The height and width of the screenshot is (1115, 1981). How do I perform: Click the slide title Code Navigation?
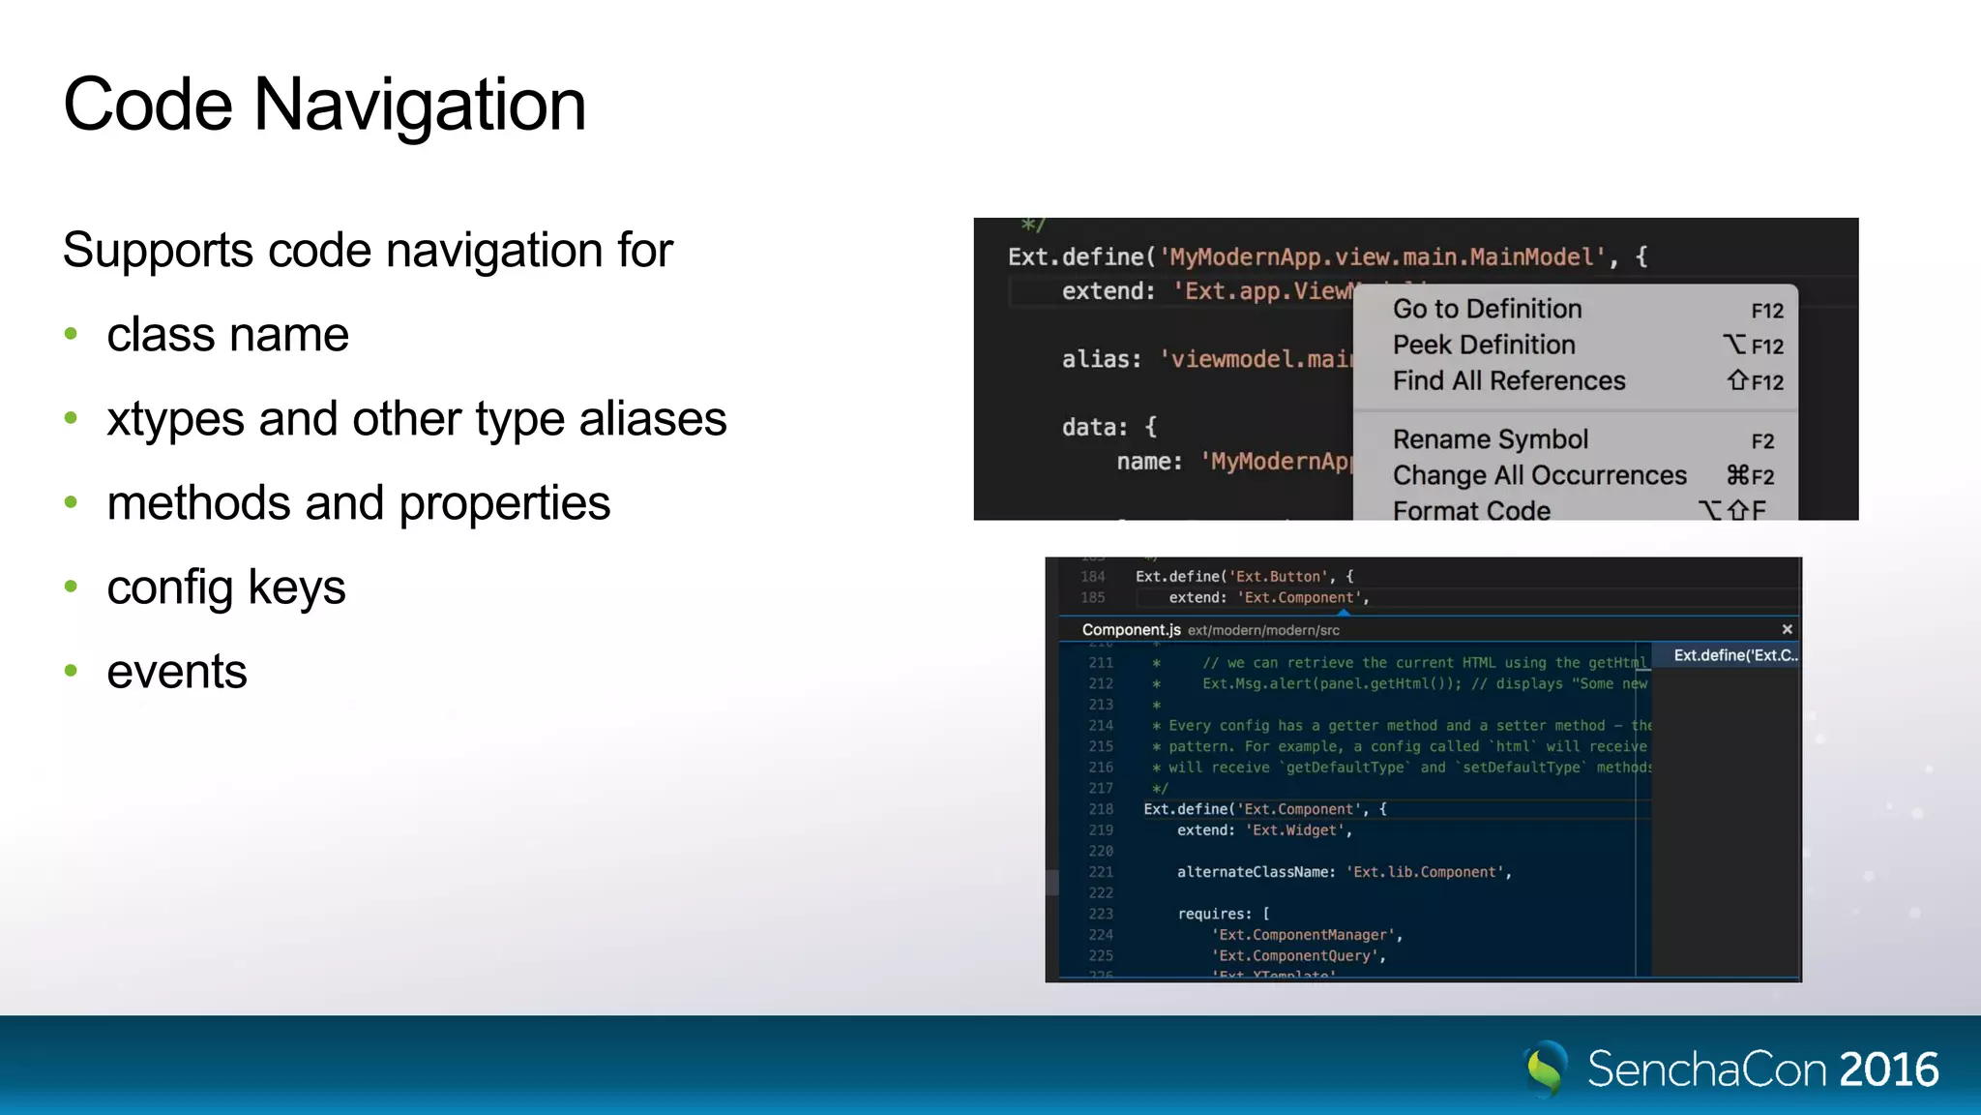(324, 105)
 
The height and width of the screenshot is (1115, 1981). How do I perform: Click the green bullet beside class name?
(71, 335)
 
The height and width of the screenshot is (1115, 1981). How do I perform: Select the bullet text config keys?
(225, 588)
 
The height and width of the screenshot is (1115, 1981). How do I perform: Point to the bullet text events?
(177, 672)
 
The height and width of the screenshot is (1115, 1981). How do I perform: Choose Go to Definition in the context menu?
(1487, 310)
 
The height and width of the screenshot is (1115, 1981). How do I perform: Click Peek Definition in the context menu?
(1484, 346)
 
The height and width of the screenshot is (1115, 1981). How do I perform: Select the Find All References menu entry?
(1509, 381)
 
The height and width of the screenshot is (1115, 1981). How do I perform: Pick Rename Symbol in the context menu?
(1490, 440)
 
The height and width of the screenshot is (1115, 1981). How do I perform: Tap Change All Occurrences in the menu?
(1539, 476)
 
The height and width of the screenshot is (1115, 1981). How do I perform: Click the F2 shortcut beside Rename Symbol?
(1762, 441)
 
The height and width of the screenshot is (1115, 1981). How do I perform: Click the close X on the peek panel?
(1787, 629)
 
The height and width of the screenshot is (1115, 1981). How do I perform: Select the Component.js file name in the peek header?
(1131, 630)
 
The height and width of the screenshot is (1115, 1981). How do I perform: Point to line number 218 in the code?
(1101, 809)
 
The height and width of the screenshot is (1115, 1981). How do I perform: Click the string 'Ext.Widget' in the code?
(1296, 830)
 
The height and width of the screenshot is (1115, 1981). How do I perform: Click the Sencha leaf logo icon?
(1546, 1069)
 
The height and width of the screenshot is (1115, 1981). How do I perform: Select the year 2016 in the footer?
(1888, 1070)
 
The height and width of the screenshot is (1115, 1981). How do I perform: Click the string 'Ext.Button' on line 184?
(1277, 577)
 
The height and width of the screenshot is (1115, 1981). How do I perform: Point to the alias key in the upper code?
(1100, 360)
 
